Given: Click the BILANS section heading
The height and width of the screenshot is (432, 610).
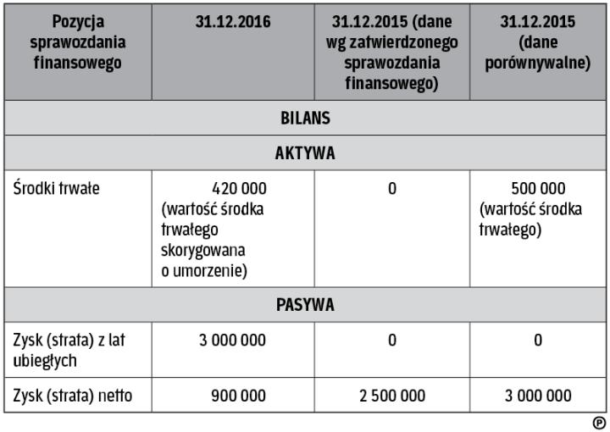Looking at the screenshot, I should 305,118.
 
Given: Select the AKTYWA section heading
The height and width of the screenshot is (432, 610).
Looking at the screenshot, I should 305,153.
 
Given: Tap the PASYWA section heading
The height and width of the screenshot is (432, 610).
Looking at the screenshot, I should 305,305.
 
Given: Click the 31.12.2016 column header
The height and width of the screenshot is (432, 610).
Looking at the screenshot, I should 233,22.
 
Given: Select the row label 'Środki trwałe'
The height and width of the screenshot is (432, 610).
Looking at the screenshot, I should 57,189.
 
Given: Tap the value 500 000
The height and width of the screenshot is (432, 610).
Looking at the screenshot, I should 539,189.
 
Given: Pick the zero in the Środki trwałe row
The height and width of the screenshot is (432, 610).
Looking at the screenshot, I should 392,189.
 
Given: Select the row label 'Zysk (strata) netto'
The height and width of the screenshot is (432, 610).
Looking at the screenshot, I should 73,396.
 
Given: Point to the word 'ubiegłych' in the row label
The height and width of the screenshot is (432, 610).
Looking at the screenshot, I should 46,360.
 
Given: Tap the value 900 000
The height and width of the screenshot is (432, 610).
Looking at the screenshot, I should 238,396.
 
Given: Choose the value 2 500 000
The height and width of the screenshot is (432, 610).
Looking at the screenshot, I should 391,396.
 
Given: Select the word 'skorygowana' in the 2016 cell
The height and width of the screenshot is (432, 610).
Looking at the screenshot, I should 202,251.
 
